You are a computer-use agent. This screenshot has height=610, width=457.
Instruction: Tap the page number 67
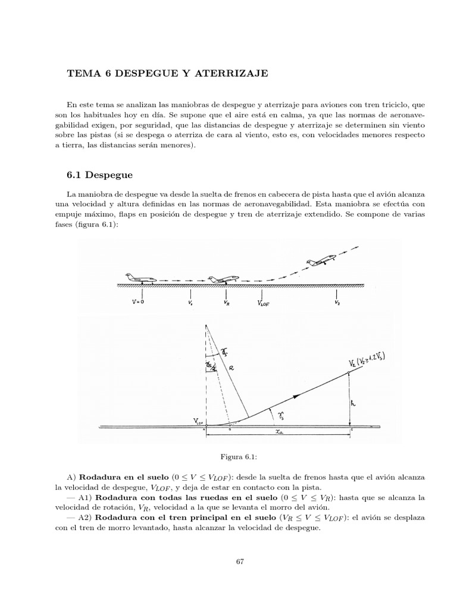240,561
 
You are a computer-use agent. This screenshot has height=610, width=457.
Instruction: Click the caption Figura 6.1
240,456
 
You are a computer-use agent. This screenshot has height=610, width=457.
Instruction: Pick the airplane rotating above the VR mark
223,279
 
